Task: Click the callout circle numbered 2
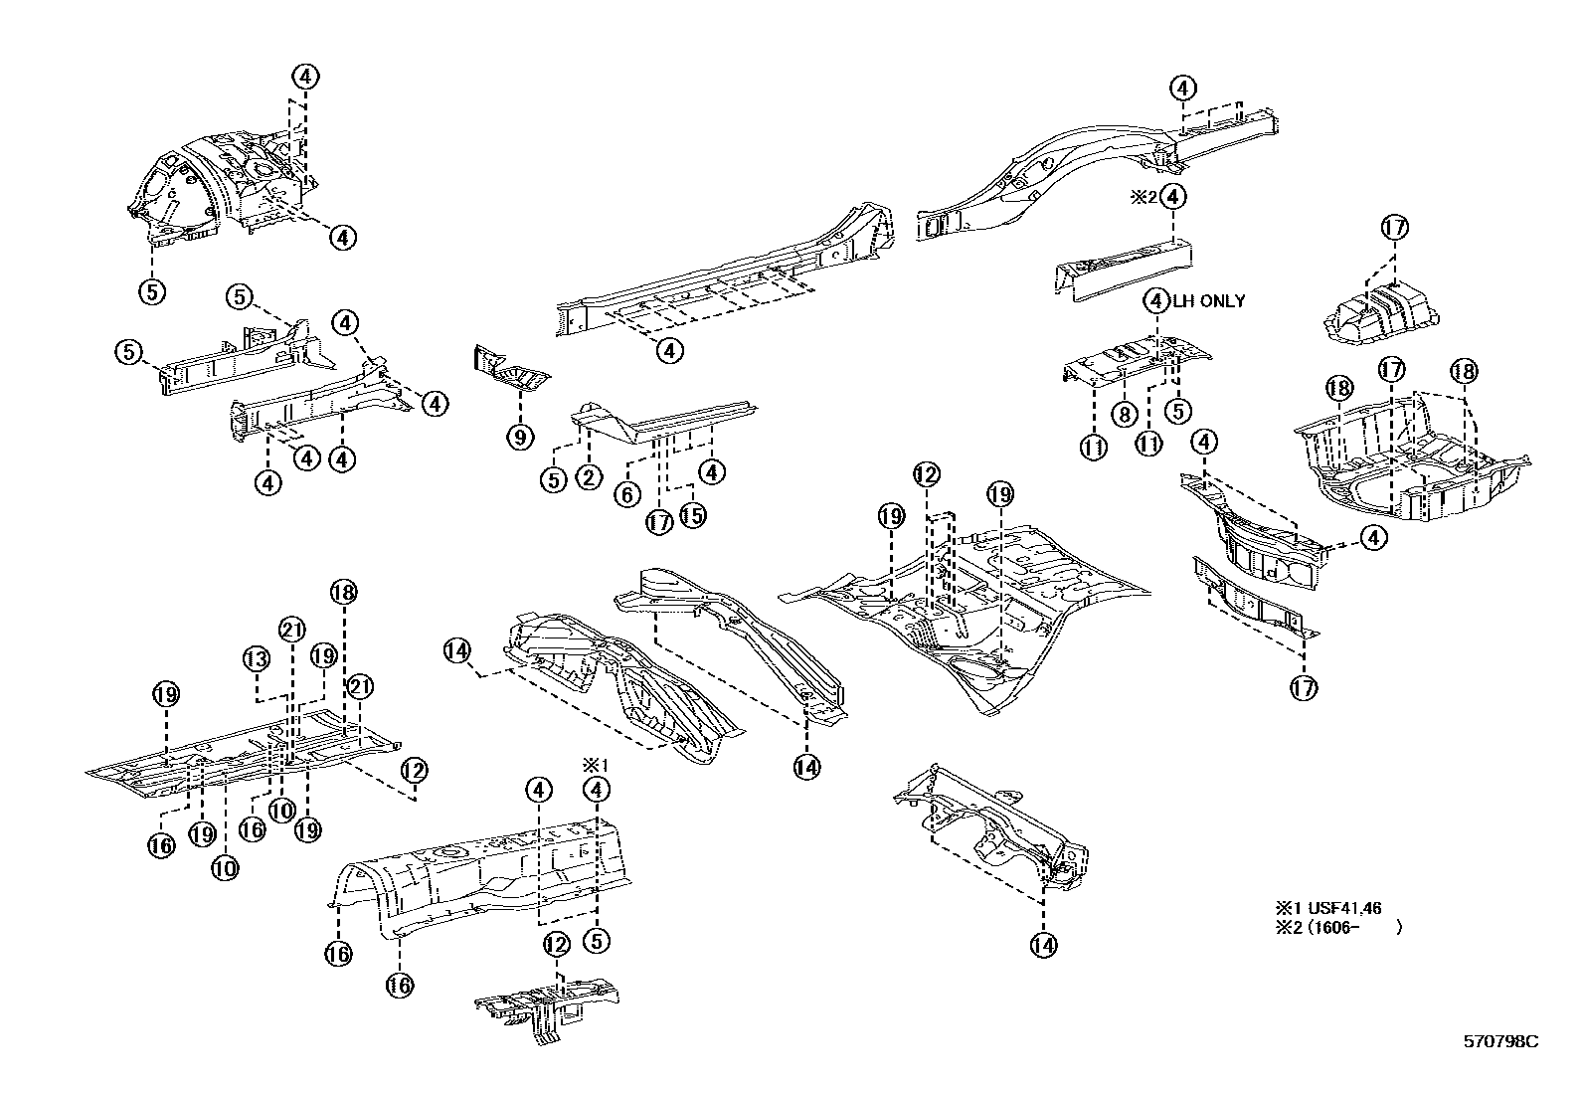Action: point(588,478)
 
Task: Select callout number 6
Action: point(626,493)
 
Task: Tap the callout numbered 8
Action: point(1123,413)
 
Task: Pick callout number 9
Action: point(520,436)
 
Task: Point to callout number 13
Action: point(257,658)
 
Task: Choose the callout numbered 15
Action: point(692,515)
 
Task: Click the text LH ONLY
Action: point(1208,301)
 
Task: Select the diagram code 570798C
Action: point(1499,1041)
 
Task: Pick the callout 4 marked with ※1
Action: point(597,790)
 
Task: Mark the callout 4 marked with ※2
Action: point(1174,197)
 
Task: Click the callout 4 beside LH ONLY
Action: point(1156,300)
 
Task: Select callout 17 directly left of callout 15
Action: point(658,522)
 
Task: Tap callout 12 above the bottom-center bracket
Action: point(556,943)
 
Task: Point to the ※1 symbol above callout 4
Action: point(595,765)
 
